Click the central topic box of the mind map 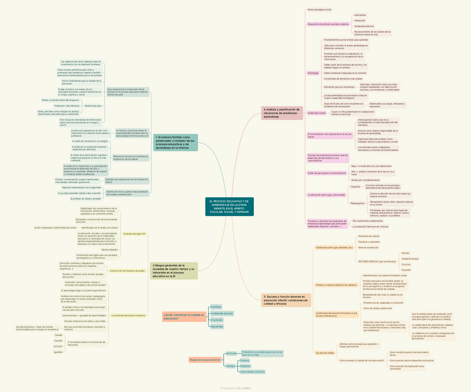230,206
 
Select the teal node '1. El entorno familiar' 176,142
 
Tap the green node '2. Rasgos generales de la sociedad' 174,271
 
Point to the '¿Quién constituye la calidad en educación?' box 183,317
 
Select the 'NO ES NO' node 231,353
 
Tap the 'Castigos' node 231,366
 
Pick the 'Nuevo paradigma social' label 319,9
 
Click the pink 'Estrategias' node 313,73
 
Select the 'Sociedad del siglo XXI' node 134,234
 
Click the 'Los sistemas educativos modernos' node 128,315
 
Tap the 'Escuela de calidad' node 325,353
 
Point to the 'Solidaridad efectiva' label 364,26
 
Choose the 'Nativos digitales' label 109,250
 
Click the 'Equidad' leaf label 58,340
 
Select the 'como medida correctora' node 252,371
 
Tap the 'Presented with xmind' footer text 235,388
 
